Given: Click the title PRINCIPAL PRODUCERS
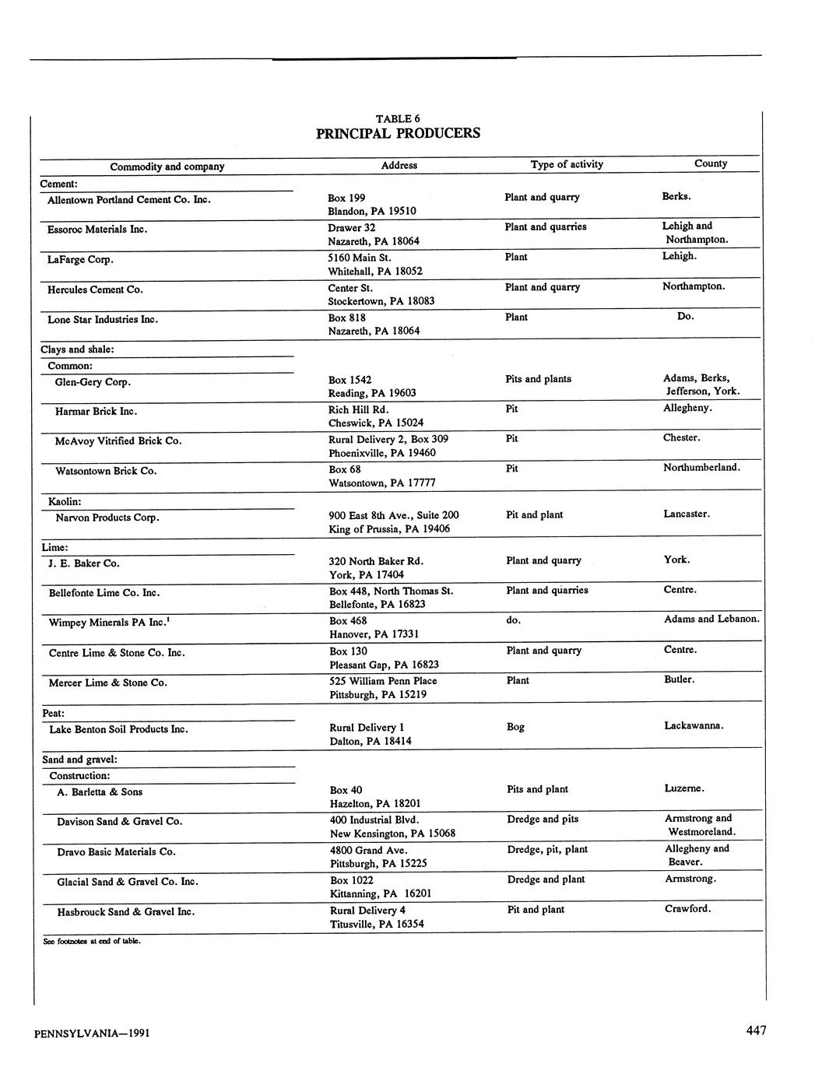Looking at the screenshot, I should click(398, 133).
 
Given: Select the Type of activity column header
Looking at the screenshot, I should click(567, 164).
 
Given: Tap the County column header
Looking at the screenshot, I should click(711, 163).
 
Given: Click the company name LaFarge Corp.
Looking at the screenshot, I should click(81, 259).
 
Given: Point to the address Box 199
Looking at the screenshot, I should click(346, 198).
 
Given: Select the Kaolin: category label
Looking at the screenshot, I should click(65, 502).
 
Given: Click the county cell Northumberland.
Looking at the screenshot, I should click(701, 467).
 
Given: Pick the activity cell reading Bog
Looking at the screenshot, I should click(515, 727).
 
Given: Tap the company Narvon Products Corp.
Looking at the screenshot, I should click(107, 518).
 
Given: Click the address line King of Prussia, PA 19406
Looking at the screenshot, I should click(389, 529).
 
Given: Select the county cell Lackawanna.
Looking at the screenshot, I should click(694, 725).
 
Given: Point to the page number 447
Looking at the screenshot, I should click(756, 1030).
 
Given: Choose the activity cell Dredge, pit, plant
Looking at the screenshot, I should click(547, 849).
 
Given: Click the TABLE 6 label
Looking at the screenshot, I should click(398, 118).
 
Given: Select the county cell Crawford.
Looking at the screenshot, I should click(687, 908).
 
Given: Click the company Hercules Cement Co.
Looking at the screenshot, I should click(95, 290).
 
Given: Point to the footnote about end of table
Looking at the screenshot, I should click(91, 941).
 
